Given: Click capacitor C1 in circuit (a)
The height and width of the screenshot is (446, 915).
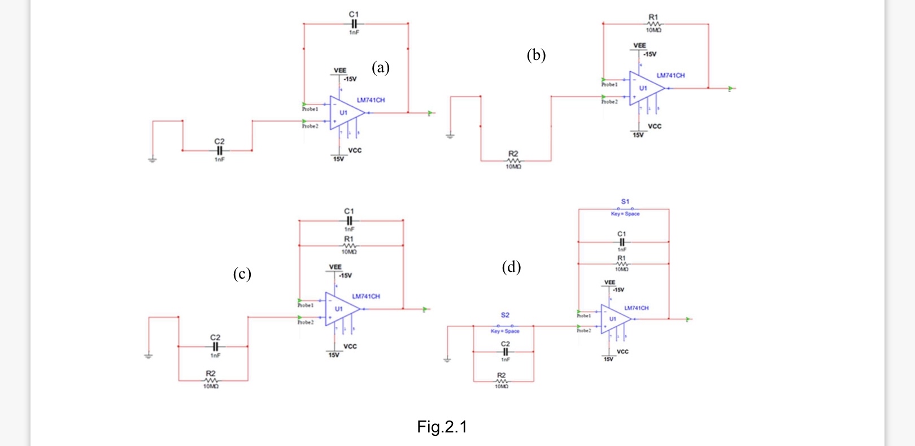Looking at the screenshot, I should [354, 24].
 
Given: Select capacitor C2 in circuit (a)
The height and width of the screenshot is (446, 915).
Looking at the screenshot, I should [220, 150].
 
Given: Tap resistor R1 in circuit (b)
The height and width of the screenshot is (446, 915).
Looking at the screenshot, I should [653, 24].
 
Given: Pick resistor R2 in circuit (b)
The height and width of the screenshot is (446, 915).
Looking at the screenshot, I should [513, 161].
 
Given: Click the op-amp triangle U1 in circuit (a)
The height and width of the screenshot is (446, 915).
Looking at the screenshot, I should [345, 112].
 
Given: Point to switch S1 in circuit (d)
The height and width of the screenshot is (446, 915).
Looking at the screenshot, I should [625, 209].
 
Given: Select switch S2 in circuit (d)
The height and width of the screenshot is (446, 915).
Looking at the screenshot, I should [505, 326].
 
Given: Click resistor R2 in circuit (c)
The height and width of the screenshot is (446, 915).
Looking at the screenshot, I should [211, 380].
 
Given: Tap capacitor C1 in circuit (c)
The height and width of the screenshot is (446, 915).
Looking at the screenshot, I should [349, 220].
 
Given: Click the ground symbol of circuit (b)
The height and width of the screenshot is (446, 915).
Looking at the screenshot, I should [450, 136].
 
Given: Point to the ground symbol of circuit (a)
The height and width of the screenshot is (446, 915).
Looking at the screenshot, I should [152, 160].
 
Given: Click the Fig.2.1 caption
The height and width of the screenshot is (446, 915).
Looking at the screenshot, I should [442, 427].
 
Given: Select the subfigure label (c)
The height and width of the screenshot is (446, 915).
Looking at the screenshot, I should [242, 274].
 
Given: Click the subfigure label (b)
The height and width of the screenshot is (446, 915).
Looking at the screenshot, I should [536, 55].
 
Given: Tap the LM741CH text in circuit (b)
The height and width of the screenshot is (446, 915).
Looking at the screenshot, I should [670, 75].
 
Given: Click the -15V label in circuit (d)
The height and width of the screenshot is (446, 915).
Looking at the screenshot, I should [618, 290].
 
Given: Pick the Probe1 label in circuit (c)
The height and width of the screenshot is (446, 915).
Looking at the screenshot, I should [306, 305].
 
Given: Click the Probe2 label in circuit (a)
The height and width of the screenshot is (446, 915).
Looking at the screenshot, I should [310, 126].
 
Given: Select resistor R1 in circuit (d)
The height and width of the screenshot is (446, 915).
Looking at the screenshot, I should [621, 263].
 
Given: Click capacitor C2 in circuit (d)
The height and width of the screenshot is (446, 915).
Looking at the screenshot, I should [505, 351].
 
